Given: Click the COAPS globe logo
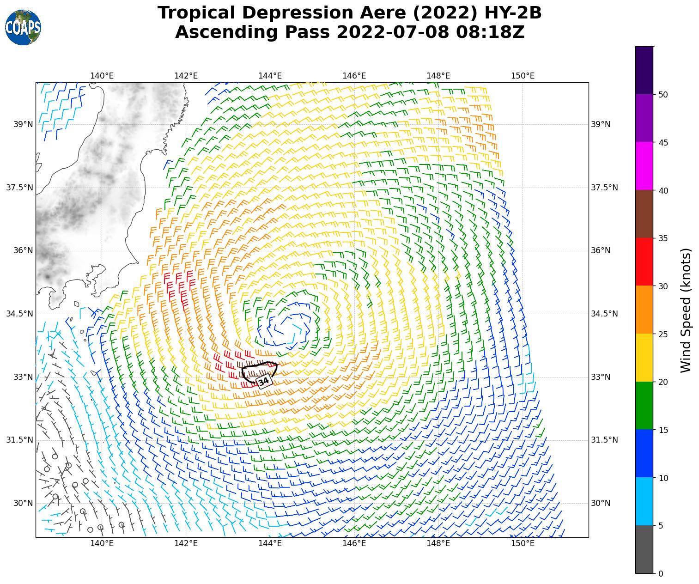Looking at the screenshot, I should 23,28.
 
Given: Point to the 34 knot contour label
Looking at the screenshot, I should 263,382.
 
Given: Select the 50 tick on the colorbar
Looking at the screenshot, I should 663,95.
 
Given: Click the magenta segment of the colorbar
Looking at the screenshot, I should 644,166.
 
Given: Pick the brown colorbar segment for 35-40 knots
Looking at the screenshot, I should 644,214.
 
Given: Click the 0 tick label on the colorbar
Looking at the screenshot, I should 660,574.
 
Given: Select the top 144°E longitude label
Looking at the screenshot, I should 270,76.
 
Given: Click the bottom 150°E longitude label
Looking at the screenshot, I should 523,543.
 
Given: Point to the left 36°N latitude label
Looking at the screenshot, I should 19,250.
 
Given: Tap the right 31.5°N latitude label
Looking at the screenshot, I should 604,440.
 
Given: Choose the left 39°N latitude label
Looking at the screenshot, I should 19,124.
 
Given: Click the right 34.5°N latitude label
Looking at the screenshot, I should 604,314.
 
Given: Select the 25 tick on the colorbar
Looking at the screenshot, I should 663,334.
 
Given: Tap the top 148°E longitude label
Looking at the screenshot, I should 438,76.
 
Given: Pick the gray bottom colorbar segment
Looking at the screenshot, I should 644,549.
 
